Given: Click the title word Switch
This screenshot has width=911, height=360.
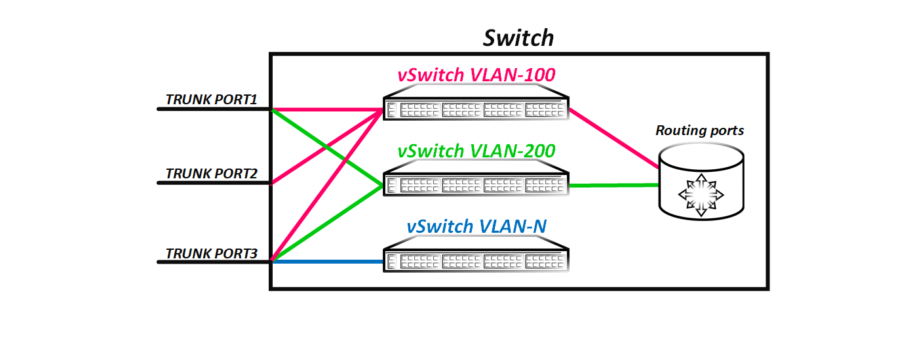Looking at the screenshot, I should point(518,37).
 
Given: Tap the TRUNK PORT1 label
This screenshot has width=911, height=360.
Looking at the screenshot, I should point(210,100).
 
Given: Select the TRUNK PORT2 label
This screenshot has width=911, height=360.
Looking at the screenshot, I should point(210,174).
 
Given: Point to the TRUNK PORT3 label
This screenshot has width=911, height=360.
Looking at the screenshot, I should point(210,253).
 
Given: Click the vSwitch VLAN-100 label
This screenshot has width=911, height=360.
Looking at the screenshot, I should point(476,75).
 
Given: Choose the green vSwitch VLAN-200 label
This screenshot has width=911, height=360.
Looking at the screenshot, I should point(476,151).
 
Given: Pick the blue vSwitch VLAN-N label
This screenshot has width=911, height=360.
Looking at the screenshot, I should point(476,227).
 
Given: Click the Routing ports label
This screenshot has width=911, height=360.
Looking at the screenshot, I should point(699,130).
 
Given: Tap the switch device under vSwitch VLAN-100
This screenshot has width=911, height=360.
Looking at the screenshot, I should point(476,108).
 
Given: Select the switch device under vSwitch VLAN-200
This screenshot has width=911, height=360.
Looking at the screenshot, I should point(476,184).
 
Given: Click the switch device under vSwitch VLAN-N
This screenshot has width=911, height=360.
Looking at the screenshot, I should point(476,260).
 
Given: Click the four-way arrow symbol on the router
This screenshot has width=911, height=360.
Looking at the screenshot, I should point(701,195).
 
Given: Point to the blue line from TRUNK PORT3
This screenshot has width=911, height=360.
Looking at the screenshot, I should point(328,262).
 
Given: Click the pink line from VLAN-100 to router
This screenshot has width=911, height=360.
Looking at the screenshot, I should point(613,138).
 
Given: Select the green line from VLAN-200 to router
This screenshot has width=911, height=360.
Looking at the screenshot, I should point(613,186).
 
